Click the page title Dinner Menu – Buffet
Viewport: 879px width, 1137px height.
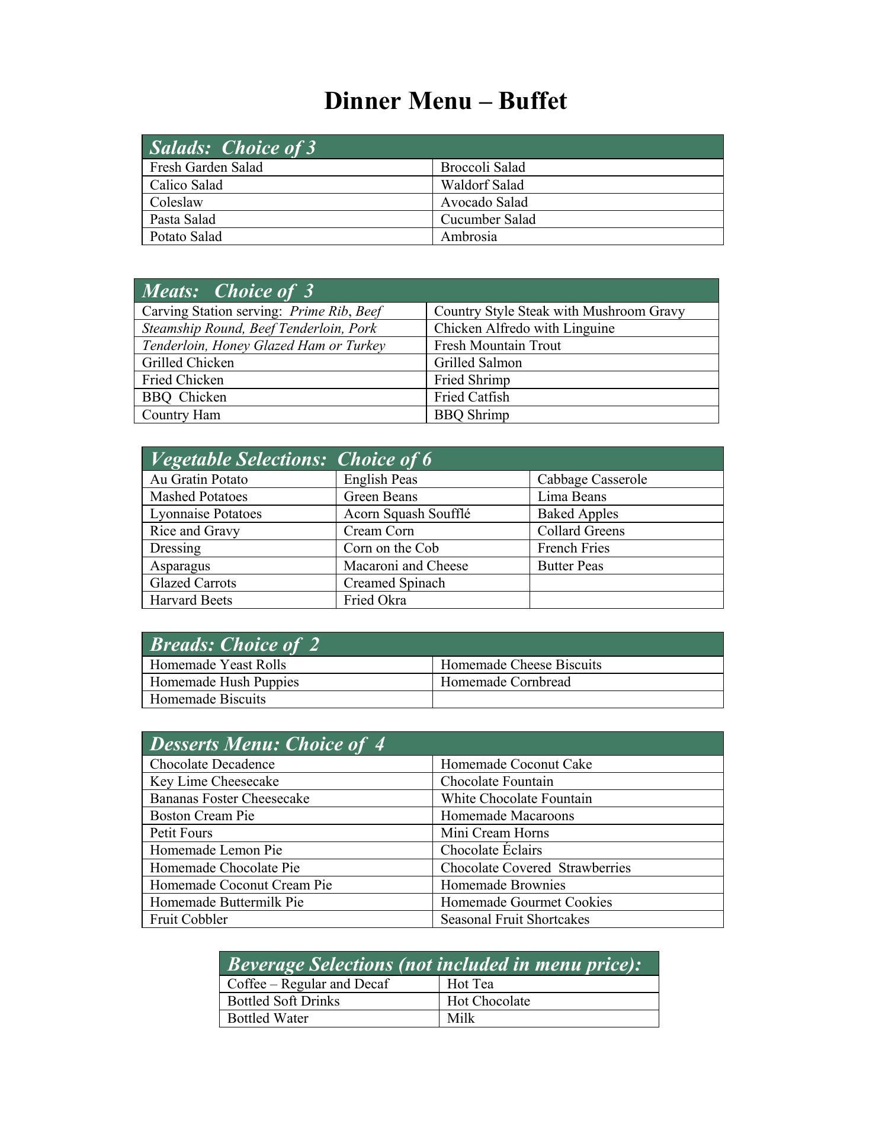click(445, 101)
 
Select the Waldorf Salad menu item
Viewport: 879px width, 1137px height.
click(482, 185)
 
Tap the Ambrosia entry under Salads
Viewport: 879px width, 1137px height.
click(469, 236)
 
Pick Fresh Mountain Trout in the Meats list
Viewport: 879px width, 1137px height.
click(497, 345)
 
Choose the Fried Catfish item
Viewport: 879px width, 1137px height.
click(471, 397)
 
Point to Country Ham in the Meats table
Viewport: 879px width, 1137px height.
click(181, 415)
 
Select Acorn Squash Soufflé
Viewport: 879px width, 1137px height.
click(407, 513)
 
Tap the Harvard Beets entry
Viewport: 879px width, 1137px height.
click(191, 600)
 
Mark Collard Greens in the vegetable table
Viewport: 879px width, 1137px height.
click(580, 531)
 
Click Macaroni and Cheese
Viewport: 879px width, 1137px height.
click(406, 566)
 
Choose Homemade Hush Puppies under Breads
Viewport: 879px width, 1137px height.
click(224, 682)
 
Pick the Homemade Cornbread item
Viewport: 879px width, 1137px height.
click(505, 682)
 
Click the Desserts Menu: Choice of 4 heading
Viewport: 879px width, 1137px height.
click(267, 744)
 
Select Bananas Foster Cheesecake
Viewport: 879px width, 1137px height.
click(229, 798)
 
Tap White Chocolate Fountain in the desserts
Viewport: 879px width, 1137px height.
click(516, 798)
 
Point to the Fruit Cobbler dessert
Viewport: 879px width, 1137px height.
click(188, 919)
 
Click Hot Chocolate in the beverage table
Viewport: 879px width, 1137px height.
click(488, 1001)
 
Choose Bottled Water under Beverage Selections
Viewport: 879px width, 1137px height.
click(268, 1018)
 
